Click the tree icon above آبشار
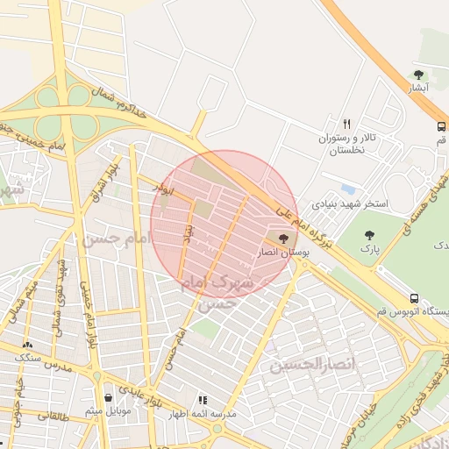pos(418,75)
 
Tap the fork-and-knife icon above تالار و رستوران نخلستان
pos(346,124)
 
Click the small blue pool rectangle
pos(349,189)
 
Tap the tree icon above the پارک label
pos(369,234)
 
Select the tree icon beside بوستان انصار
pos(282,238)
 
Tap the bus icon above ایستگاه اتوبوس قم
pos(413,296)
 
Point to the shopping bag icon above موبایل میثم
pos(108,396)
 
